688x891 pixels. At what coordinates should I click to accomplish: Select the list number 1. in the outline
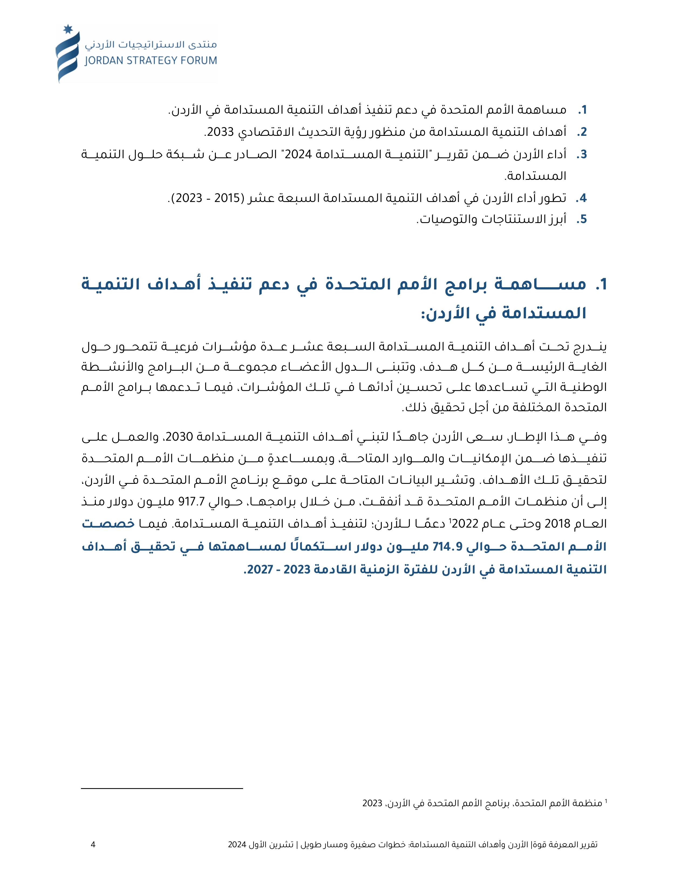pos(582,110)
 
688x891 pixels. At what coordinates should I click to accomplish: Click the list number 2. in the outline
pos(582,132)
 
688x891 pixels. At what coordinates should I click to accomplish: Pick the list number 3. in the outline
pos(582,155)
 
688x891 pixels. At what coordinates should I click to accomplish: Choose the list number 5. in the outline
pos(582,220)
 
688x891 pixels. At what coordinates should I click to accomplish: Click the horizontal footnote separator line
pos(162,789)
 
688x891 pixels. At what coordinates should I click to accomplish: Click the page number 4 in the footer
pos(93,845)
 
